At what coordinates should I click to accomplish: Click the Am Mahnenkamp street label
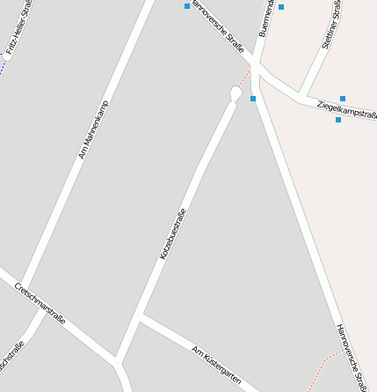tap(93, 129)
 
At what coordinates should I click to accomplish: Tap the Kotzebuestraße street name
tap(173, 233)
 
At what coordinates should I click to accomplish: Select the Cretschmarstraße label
tap(40, 304)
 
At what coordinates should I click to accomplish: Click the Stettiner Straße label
tap(331, 25)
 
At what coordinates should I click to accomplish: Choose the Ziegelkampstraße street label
tap(346, 107)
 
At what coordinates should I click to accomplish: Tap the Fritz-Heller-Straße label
tap(18, 29)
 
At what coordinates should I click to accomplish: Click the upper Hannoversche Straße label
tap(217, 26)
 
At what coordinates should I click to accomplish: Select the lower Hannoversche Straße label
tap(352, 356)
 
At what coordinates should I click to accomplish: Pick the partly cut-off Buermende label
tap(265, 18)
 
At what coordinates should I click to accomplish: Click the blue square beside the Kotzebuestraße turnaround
tap(253, 99)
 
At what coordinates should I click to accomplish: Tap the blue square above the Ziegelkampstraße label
tap(342, 99)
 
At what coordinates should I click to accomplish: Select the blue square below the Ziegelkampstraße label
tap(338, 120)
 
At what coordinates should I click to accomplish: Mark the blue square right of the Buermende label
tap(282, 7)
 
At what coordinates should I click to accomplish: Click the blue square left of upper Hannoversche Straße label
tap(187, 6)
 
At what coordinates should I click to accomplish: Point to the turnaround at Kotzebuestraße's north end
tap(236, 92)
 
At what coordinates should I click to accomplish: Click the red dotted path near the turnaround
tap(244, 78)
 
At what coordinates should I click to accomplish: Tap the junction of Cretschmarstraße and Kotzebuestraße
tap(116, 359)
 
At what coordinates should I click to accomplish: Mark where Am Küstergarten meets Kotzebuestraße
tap(141, 316)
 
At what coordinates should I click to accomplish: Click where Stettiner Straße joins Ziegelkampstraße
tap(300, 94)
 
